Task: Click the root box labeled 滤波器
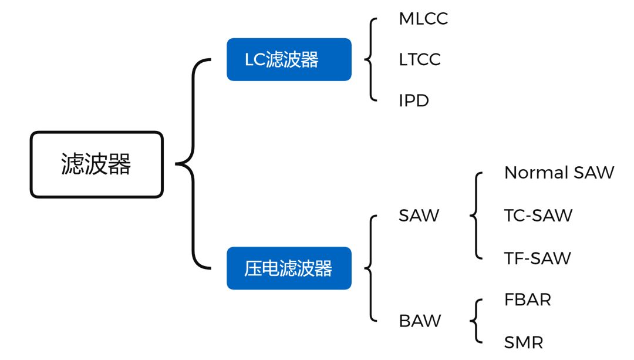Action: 96,164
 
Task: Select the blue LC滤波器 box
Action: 289,59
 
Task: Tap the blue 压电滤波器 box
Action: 289,268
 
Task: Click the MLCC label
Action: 423,19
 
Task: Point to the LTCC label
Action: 419,60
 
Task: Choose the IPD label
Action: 413,101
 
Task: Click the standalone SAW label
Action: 419,216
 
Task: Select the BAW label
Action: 420,321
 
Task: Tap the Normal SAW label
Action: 559,173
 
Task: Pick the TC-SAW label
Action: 538,216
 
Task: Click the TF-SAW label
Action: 537,258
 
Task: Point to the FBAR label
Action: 527,300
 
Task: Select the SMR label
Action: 524,342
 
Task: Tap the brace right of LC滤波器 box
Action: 370,59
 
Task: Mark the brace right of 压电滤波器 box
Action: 370,268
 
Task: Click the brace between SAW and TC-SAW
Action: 476,216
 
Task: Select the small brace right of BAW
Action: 476,321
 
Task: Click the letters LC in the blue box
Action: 255,60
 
